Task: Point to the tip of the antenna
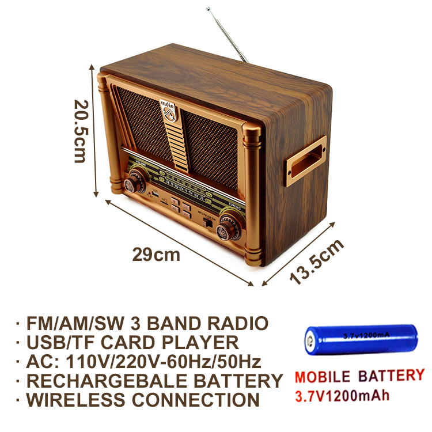coord(208,9)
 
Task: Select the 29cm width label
coord(156,254)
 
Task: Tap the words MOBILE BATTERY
coord(359,377)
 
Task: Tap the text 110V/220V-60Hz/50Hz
coord(166,362)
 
